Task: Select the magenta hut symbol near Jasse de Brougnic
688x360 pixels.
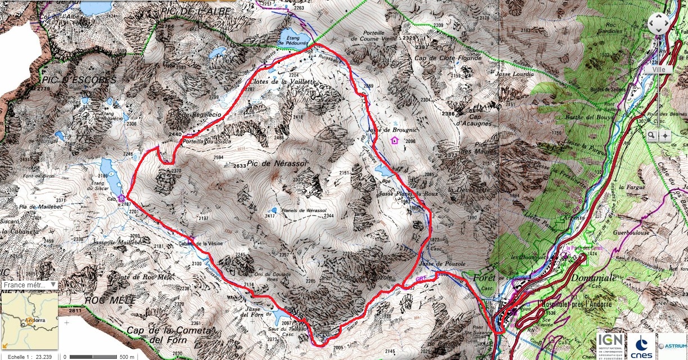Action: [x=394, y=140]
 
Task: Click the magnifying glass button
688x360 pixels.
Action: [x=651, y=136]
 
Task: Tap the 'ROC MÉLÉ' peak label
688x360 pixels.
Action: [x=110, y=300]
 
